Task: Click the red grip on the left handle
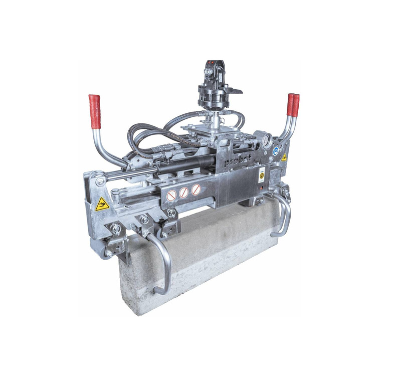tap(95, 111)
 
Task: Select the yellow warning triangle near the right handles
tap(284, 157)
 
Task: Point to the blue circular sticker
tap(276, 149)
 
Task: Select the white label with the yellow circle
tap(262, 175)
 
